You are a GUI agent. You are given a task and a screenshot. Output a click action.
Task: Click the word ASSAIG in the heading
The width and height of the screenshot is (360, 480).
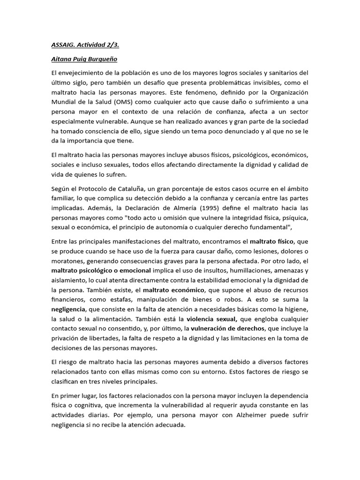click(x=63, y=45)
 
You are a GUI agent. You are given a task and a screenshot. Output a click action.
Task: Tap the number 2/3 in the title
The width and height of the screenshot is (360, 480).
click(x=113, y=45)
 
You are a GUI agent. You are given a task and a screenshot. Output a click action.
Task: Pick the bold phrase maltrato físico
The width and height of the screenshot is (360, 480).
click(x=272, y=241)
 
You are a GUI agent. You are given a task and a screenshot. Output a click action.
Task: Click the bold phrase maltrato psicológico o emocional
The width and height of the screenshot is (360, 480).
click(x=101, y=271)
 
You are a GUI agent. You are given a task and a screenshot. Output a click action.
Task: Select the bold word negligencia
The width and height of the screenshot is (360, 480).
click(x=68, y=310)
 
